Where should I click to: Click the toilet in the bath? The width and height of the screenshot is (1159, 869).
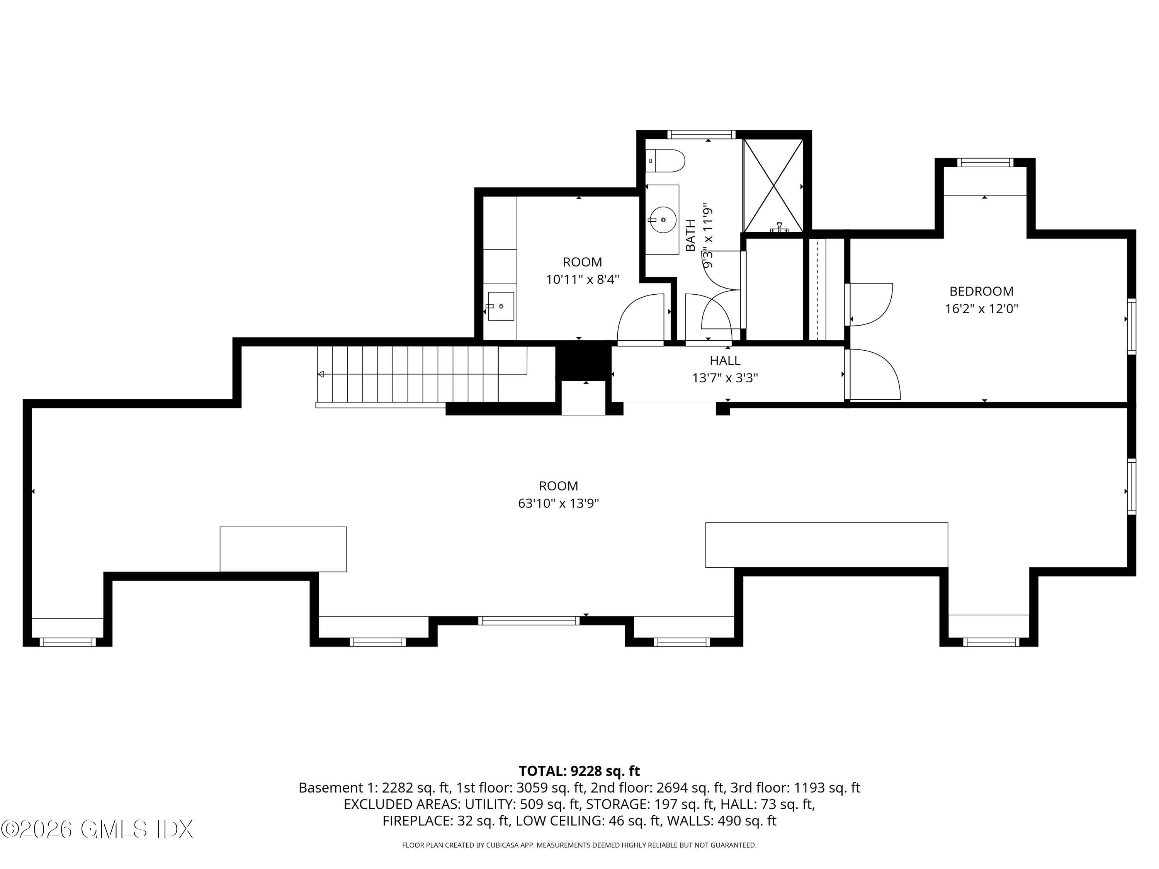pos(665,161)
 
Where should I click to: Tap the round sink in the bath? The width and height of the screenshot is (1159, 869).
pos(663,220)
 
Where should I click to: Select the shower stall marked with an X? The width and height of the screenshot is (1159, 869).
pos(773,185)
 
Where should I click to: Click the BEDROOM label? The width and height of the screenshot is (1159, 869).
pos(981,291)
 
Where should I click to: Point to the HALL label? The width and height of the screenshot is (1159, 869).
pos(725,360)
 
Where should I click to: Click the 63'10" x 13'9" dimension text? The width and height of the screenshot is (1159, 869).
pos(559,503)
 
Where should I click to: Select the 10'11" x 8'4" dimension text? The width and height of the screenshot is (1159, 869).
pos(583,280)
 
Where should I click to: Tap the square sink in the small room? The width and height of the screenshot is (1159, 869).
pos(501,306)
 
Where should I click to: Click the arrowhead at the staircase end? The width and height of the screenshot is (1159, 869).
pos(321,374)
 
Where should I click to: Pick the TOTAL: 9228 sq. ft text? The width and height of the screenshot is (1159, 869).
pos(579,771)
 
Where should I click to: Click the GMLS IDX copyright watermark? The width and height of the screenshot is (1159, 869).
pos(97,829)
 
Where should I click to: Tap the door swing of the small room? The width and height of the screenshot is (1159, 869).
pos(640,317)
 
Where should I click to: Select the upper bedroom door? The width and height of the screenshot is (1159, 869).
pos(870,304)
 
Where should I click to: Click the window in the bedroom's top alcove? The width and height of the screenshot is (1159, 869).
pos(985,162)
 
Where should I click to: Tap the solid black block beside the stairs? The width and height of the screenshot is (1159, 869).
pos(583,361)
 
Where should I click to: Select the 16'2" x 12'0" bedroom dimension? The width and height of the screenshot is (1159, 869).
pos(981,309)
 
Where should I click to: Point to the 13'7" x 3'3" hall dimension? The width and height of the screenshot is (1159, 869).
pos(725,378)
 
